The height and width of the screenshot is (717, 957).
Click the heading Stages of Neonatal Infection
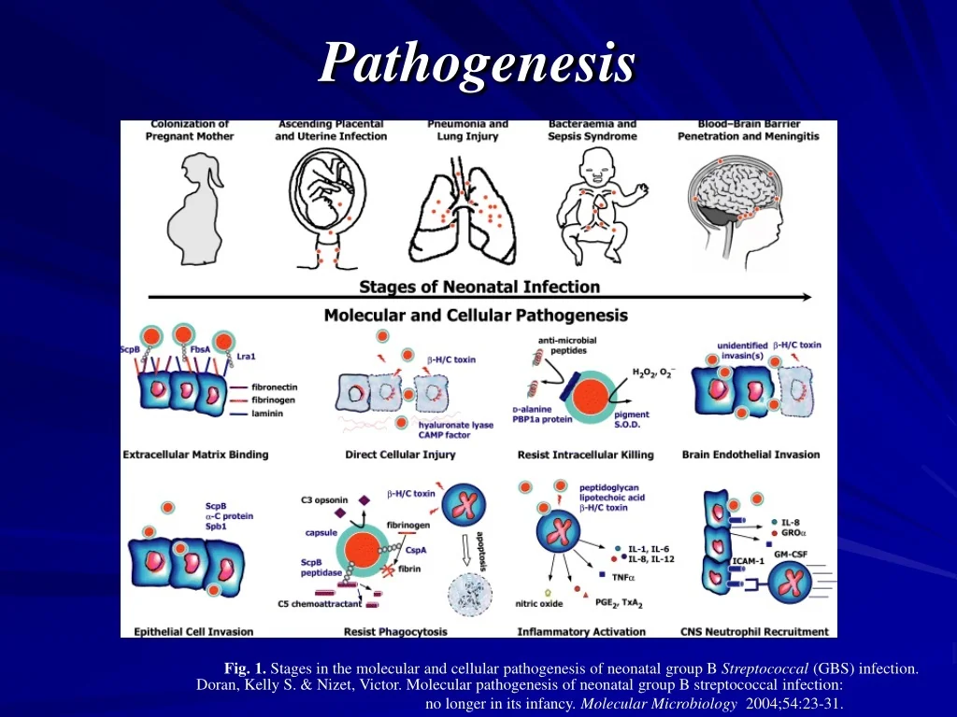click(479, 287)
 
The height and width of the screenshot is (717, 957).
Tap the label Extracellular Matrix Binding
click(195, 455)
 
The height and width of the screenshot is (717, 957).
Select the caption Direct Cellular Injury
click(400, 455)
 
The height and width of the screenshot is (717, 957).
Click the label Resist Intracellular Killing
click(585, 455)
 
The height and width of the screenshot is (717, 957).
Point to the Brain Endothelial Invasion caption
click(750, 455)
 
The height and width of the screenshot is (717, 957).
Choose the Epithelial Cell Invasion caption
click(193, 632)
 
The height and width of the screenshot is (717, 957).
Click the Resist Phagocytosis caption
click(395, 632)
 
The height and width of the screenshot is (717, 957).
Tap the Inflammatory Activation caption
click(581, 632)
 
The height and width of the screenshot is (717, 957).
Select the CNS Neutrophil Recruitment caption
click(754, 632)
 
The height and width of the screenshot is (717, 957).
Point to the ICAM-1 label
click(748, 561)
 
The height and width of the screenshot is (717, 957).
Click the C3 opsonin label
click(324, 499)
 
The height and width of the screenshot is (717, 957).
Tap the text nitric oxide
click(539, 603)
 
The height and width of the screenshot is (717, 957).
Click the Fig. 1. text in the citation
click(245, 668)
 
